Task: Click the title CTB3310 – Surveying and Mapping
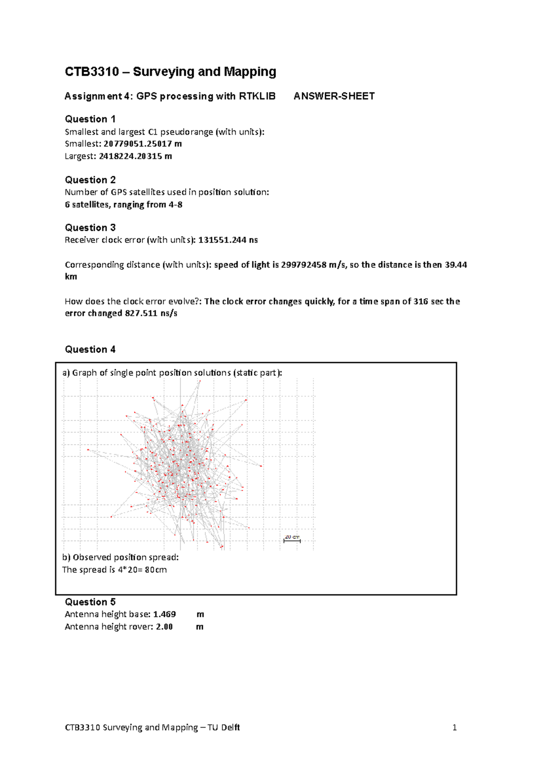(x=170, y=72)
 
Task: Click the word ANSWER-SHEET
(x=334, y=96)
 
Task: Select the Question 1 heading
(x=90, y=119)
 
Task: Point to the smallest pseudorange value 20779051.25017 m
(x=142, y=144)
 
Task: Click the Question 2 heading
(x=90, y=180)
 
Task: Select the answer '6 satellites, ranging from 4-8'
(x=124, y=205)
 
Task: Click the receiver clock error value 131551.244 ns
(x=228, y=240)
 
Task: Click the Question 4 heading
(x=90, y=349)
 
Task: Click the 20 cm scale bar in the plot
(x=292, y=539)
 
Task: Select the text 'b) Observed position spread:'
(x=120, y=557)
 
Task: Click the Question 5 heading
(x=90, y=602)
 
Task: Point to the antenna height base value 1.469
(x=164, y=614)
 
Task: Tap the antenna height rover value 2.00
(x=164, y=627)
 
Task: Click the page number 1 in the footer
(x=454, y=727)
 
